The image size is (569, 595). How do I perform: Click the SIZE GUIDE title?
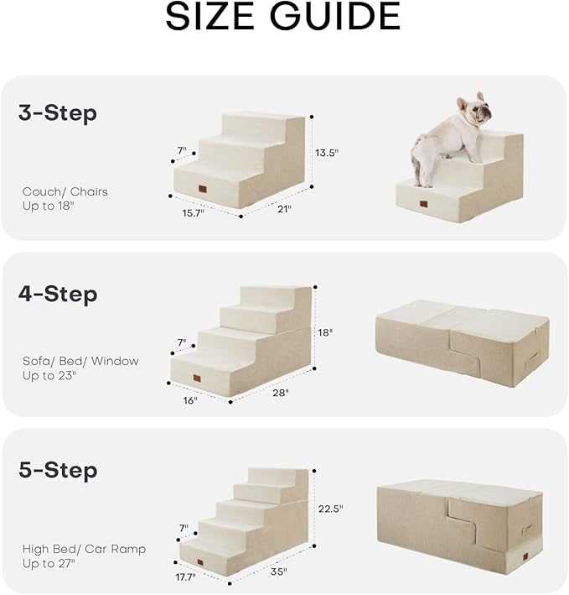282,17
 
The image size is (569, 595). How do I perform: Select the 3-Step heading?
58,113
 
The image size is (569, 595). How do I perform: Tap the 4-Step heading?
58,295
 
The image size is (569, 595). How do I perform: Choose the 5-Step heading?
58,470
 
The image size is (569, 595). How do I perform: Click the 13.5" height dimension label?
328,153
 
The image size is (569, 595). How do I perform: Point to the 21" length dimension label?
285,209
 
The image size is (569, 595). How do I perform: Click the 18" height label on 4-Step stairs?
325,332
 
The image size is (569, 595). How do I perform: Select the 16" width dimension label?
190,400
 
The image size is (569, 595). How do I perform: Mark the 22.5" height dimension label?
330,509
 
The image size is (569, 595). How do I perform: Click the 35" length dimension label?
279,572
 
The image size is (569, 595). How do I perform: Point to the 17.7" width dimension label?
184,577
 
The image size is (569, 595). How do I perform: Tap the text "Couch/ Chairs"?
65,192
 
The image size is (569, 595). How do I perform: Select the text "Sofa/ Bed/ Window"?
80,361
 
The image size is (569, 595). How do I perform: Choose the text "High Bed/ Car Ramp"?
84,549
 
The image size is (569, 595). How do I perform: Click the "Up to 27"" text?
49,563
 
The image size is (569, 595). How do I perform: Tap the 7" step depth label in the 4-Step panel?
181,342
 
